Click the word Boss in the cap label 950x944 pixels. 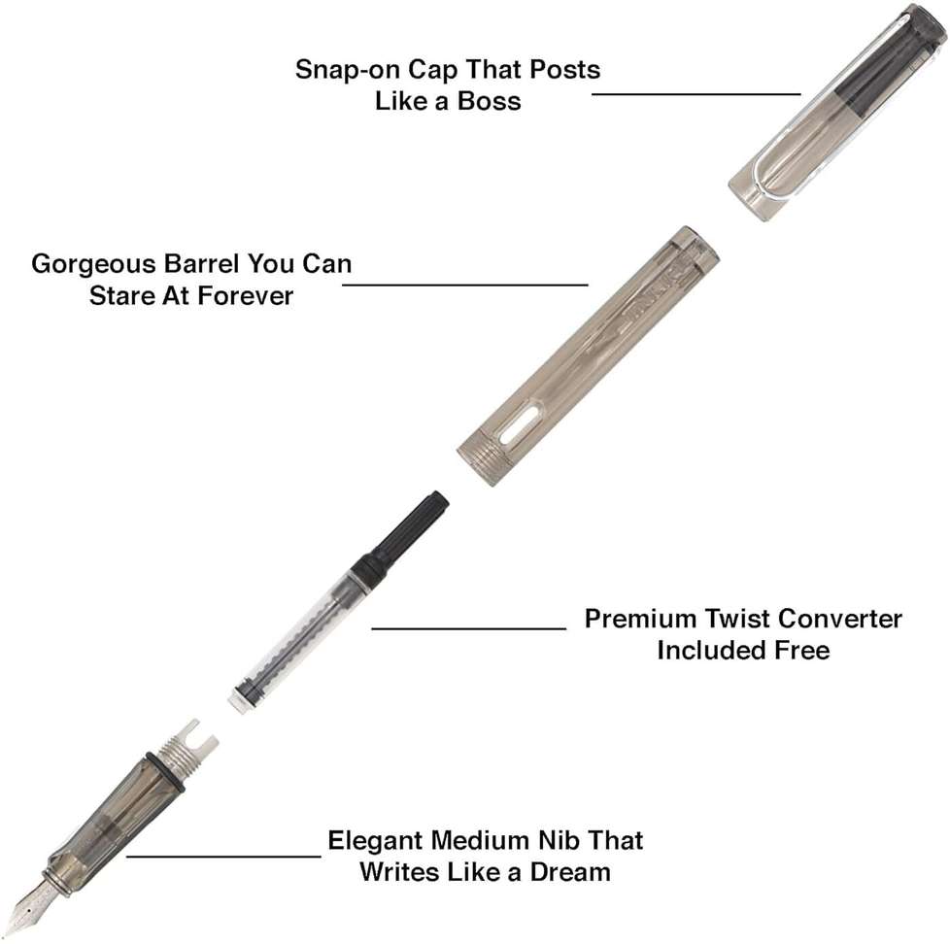tap(489, 101)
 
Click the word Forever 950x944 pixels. tap(246, 295)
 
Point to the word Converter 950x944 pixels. tap(840, 619)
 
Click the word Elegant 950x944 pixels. tap(377, 841)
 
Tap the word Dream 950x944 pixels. tap(570, 872)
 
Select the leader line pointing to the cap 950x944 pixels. tap(696, 94)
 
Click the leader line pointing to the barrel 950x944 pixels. tap(464, 285)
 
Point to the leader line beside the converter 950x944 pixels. tap(469, 628)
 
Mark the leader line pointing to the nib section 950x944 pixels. tap(223, 857)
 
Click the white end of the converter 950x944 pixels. tap(238, 701)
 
